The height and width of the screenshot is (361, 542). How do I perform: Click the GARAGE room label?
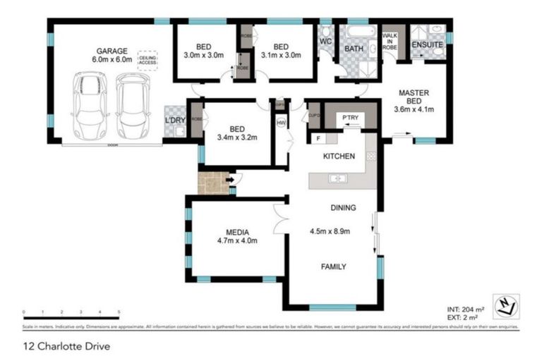pos(112,51)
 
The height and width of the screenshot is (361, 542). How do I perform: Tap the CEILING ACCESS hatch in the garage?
pos(148,60)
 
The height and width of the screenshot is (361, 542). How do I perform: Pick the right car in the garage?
pos(133,106)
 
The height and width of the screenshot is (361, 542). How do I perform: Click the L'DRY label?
pos(174,121)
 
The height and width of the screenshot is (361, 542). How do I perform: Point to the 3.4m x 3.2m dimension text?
pos(237,137)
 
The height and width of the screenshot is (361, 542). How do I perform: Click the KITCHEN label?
pos(339,157)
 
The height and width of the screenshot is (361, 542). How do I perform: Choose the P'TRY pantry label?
pos(350,117)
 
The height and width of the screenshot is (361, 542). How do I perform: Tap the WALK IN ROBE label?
pos(390,42)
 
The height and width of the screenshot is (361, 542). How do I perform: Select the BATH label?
pos(353,49)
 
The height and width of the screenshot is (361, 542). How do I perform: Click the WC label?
pos(325,41)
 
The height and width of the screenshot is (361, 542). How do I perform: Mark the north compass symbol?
pos(507,305)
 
